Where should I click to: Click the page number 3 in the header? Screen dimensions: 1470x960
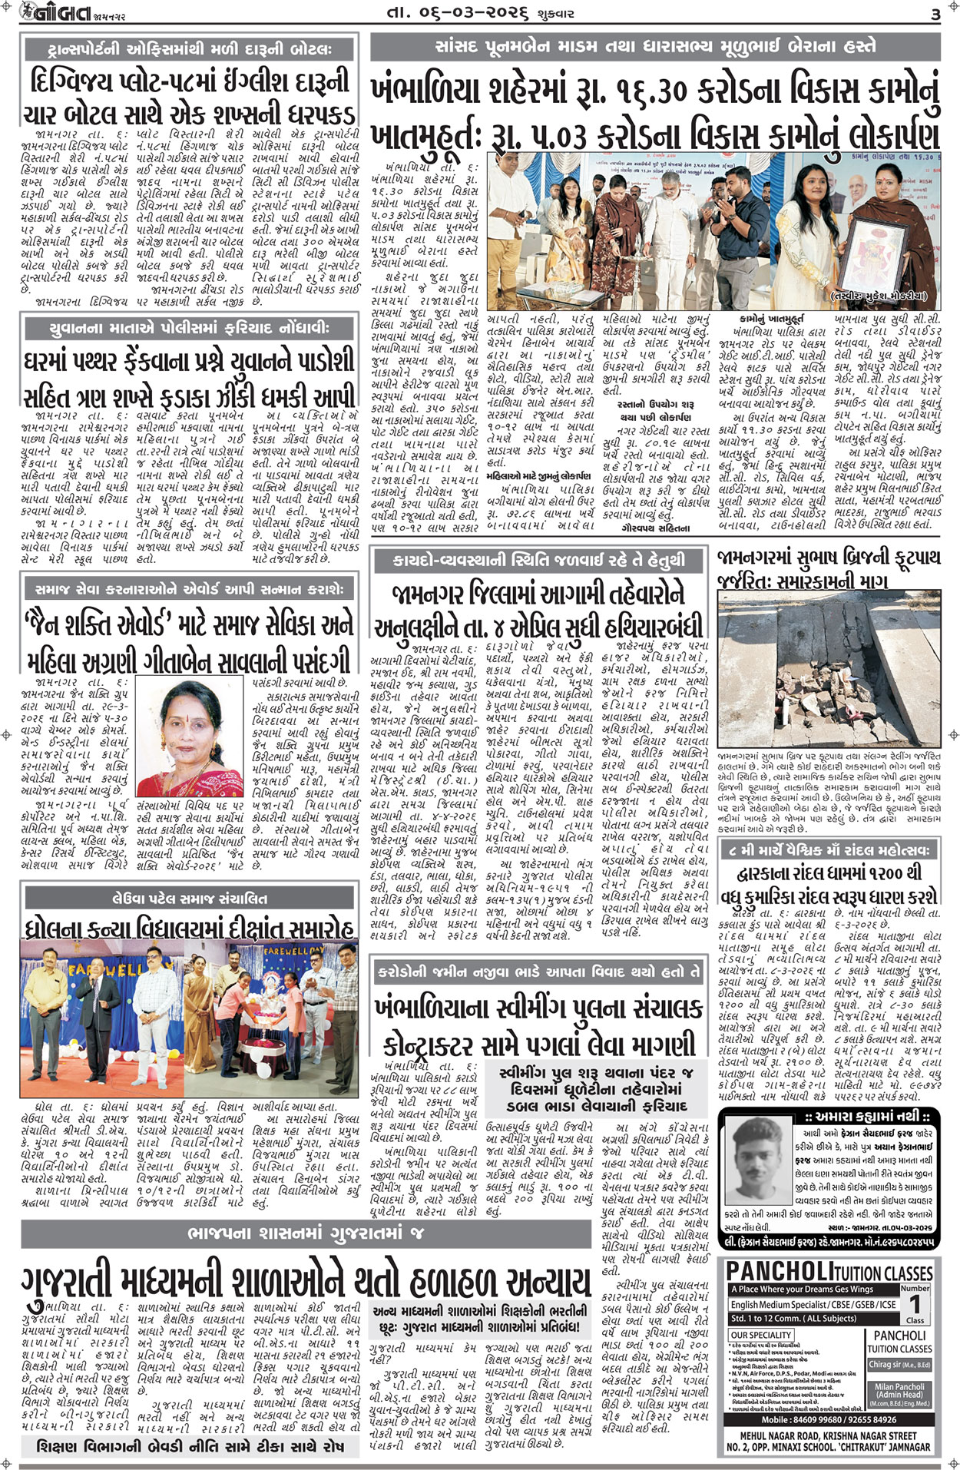pos(935,15)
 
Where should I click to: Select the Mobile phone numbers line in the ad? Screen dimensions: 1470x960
pos(829,1420)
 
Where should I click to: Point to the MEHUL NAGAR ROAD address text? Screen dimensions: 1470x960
pos(828,1435)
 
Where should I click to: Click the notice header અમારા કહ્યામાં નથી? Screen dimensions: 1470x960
pos(829,1116)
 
